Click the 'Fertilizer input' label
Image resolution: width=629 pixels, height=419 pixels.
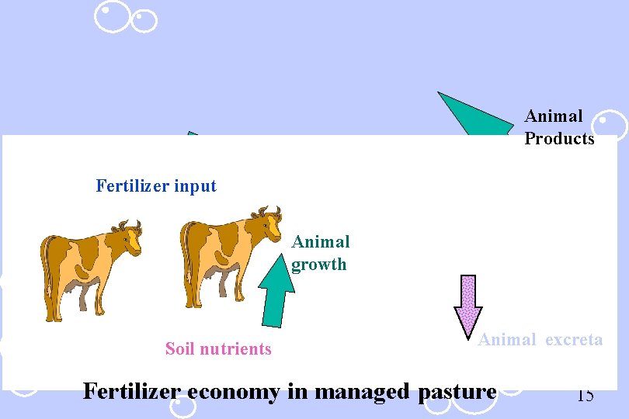[156, 186]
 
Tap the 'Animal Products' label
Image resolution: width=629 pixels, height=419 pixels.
[559, 127]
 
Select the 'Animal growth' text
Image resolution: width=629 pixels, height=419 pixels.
[321, 253]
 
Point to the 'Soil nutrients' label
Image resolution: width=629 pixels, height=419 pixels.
[218, 349]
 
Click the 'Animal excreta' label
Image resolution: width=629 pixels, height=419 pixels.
[540, 339]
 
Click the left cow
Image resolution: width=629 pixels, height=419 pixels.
[89, 268]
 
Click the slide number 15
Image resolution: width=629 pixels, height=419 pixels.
[586, 395]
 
